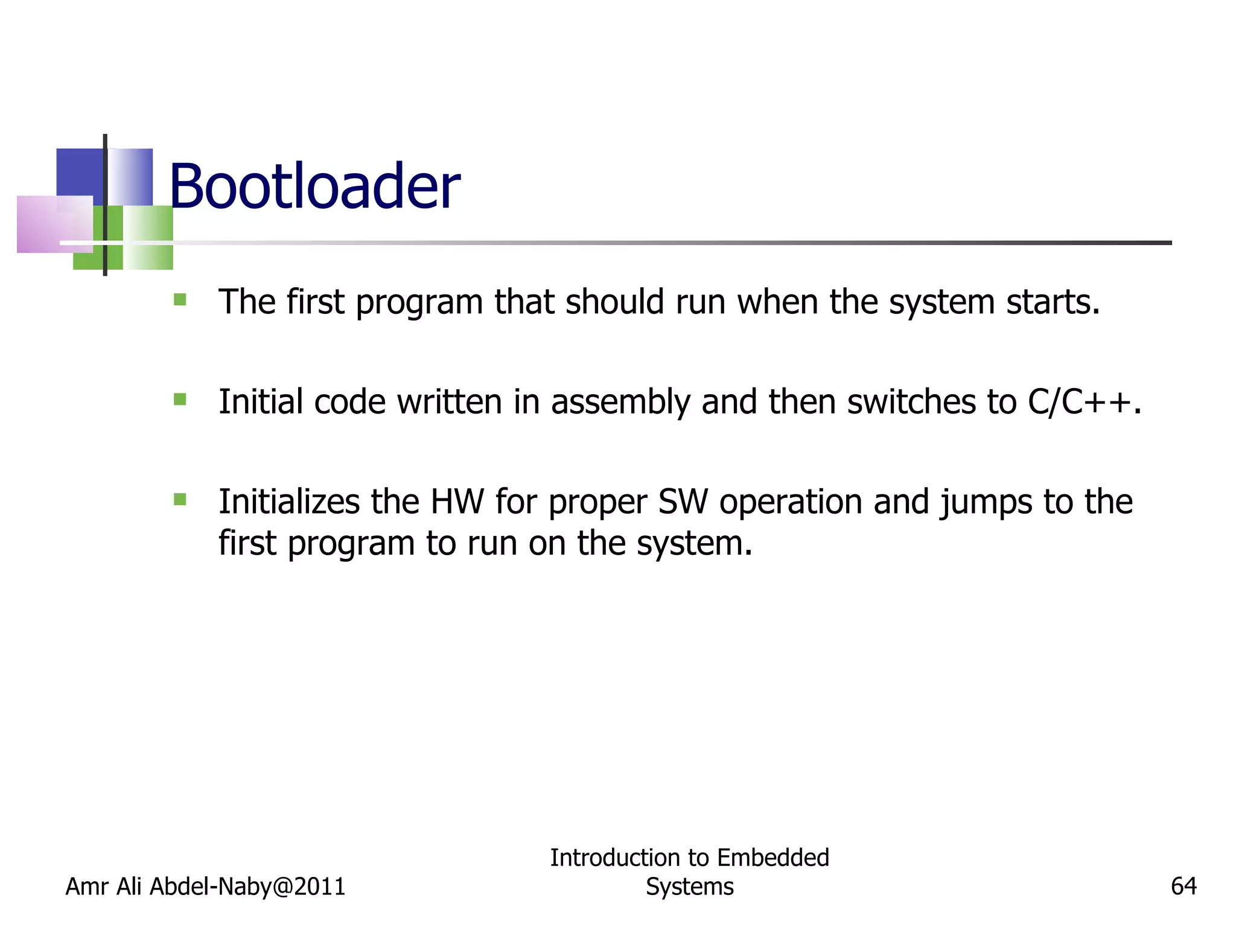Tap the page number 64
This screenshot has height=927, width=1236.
(x=1183, y=886)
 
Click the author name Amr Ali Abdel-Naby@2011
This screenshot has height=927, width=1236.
(x=205, y=886)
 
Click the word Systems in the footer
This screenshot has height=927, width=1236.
(x=689, y=887)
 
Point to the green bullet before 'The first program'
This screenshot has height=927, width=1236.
(x=180, y=299)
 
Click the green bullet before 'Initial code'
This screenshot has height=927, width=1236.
(x=180, y=400)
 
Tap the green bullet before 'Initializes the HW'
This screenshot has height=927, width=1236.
(x=180, y=499)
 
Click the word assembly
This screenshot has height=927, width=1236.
(x=620, y=402)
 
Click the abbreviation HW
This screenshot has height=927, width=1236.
(x=457, y=502)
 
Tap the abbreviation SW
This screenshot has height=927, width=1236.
(x=683, y=502)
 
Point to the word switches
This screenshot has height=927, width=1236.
(x=911, y=402)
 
